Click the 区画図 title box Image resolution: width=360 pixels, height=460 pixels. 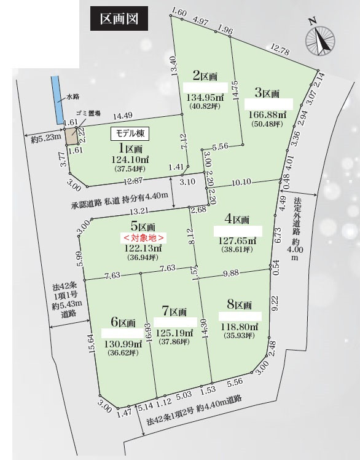pos(119,18)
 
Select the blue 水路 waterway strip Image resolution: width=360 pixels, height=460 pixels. pos(57,99)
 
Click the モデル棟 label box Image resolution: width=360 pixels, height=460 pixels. pos(130,133)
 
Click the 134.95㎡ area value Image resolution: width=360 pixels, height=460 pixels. pos(205,97)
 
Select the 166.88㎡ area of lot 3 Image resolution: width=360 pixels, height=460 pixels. pos(266,115)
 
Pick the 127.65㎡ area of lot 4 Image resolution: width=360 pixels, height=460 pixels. pos(235,241)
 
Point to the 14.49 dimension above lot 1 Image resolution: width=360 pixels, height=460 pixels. pos(123,115)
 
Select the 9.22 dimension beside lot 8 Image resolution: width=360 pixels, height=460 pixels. pos(275,301)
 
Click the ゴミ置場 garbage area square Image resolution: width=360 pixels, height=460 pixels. pos(72,135)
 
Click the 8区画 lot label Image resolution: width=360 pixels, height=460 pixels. pos(240,305)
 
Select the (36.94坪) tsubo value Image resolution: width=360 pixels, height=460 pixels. pos(141,258)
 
